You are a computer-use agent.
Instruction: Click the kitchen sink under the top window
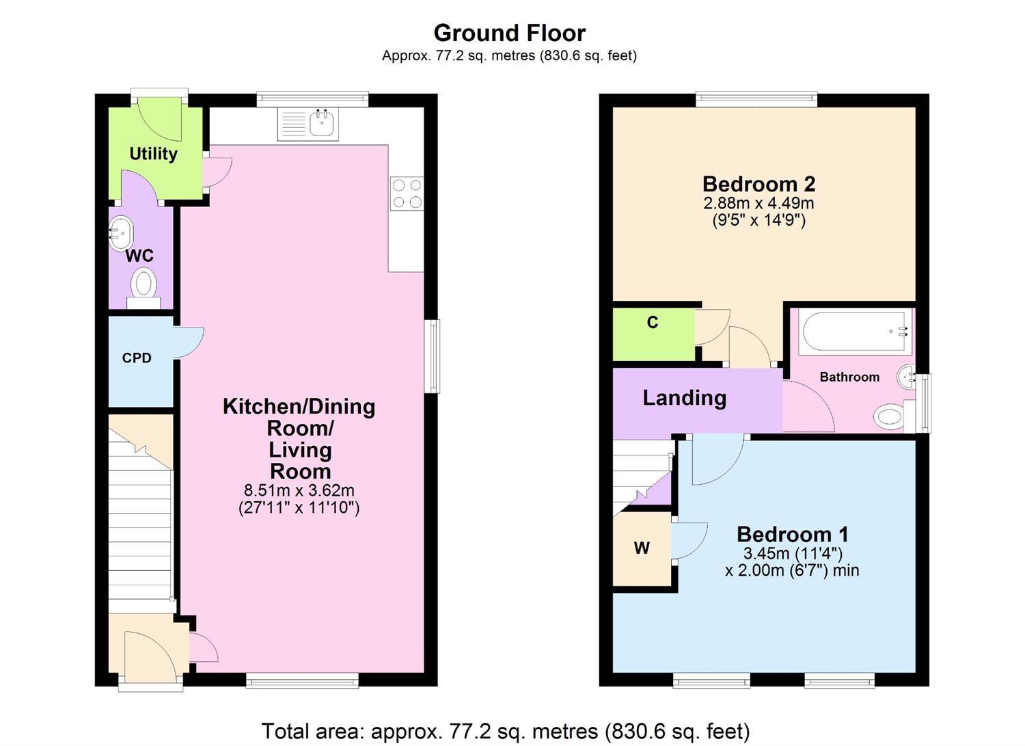(x=308, y=124)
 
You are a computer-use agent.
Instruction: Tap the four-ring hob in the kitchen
(x=407, y=194)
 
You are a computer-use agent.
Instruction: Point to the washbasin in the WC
(x=121, y=232)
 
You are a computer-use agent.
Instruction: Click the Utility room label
(x=154, y=154)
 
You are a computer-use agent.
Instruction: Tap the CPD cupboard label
(x=137, y=358)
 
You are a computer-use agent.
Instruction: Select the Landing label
(x=684, y=398)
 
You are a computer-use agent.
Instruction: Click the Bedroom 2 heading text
(x=758, y=184)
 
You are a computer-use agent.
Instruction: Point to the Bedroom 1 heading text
(x=792, y=534)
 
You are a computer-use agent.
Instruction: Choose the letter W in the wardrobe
(x=641, y=548)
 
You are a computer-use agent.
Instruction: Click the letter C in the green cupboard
(x=653, y=323)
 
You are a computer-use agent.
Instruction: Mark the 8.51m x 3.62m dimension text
(x=299, y=490)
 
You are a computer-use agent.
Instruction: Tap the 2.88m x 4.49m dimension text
(x=758, y=203)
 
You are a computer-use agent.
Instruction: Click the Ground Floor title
(x=509, y=33)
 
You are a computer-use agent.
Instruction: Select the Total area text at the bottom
(x=506, y=731)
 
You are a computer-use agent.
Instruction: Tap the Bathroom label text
(x=849, y=377)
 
